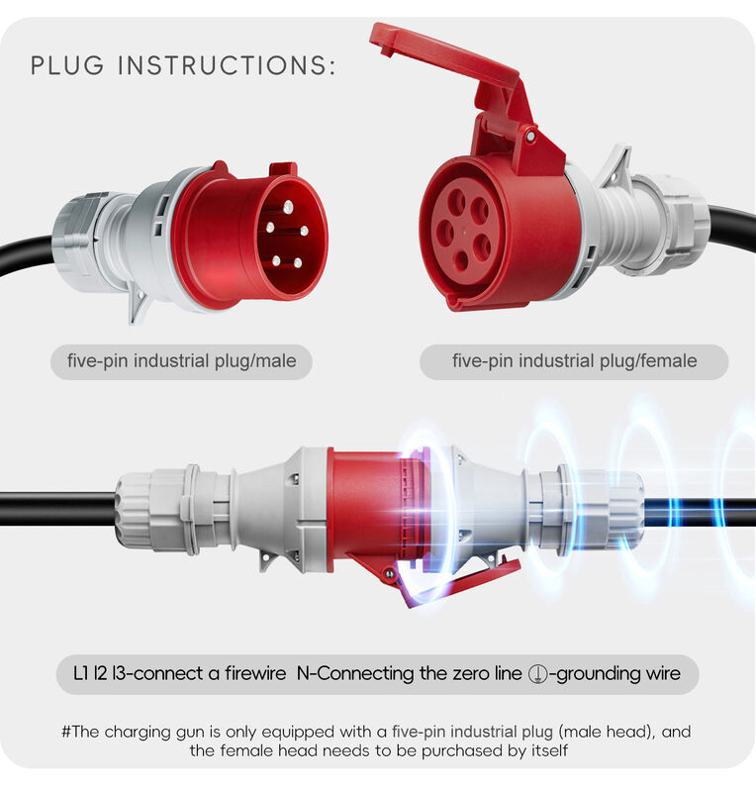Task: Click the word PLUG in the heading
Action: click(67, 65)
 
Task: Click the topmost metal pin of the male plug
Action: click(288, 207)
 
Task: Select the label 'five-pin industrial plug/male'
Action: click(182, 361)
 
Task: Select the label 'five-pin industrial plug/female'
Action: click(575, 361)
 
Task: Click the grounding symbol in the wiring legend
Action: click(538, 674)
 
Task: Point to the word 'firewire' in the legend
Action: click(255, 673)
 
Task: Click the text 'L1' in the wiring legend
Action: click(81, 673)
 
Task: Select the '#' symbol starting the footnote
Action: click(66, 732)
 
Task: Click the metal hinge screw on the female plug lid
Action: click(530, 137)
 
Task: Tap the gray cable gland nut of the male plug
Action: click(76, 235)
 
